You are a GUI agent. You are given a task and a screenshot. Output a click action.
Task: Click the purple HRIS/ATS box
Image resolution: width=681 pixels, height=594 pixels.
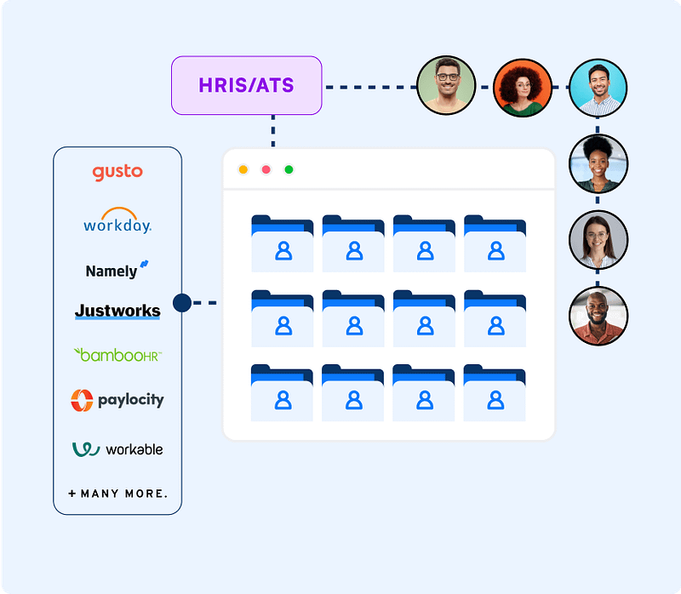click(247, 85)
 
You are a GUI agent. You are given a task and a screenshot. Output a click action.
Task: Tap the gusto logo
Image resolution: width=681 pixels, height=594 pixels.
click(117, 172)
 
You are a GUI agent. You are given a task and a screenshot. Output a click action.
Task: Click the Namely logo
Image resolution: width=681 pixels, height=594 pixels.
click(117, 271)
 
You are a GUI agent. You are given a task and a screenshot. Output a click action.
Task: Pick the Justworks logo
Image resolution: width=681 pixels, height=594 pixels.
click(117, 311)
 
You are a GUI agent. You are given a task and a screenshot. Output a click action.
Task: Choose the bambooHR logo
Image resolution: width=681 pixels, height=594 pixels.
click(117, 354)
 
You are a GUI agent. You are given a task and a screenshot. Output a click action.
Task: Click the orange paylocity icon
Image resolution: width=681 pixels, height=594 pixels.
click(82, 400)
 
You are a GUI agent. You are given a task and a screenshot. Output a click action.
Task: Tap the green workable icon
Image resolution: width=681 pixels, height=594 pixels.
click(86, 448)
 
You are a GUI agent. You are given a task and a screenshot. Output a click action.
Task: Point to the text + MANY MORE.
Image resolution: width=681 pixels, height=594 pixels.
click(117, 494)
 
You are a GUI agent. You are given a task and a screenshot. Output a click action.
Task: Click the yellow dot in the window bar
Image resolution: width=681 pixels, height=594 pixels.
click(243, 169)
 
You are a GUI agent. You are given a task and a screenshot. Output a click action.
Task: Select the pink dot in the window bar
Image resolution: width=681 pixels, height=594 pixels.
click(266, 169)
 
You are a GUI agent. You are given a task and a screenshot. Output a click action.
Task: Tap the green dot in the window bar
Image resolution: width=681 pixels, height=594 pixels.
click(289, 169)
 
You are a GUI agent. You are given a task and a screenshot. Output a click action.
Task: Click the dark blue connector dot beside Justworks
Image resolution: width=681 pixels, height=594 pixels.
click(181, 302)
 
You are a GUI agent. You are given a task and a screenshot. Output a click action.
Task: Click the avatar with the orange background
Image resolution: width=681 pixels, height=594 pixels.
click(522, 87)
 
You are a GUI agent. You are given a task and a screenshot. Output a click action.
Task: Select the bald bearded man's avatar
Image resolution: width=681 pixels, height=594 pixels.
click(598, 316)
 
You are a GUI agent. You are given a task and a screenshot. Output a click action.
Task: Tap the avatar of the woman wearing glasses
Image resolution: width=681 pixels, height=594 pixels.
click(598, 240)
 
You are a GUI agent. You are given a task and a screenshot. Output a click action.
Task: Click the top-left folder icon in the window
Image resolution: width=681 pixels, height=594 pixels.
click(283, 243)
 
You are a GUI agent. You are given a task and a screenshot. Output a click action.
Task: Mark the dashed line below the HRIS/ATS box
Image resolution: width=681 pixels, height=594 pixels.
click(273, 132)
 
